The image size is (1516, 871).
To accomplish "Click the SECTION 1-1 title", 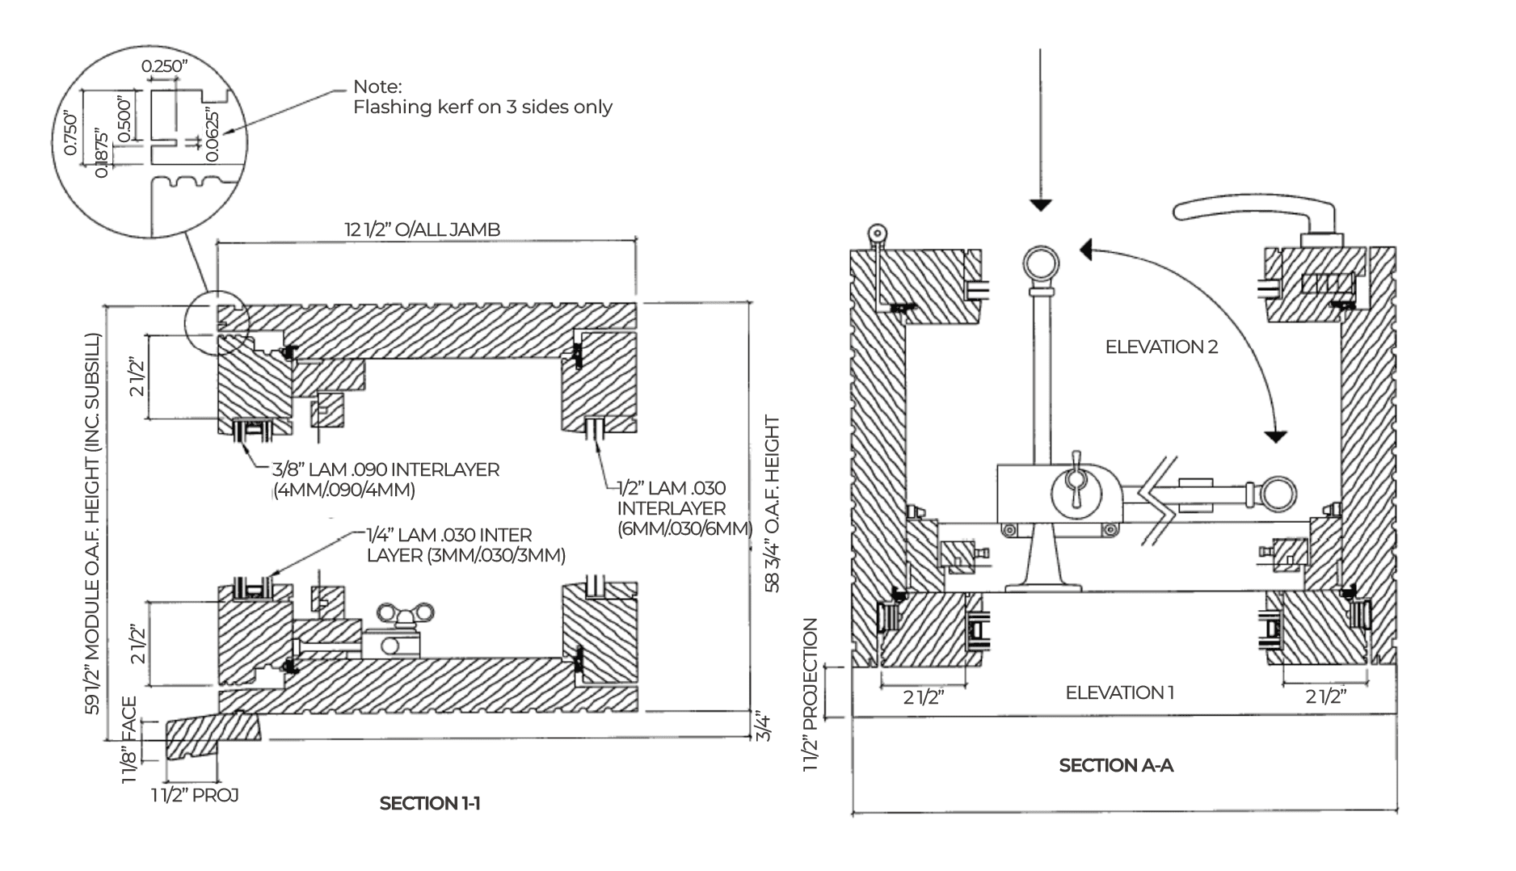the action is [x=430, y=803].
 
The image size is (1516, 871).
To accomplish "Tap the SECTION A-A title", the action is [x=1116, y=765].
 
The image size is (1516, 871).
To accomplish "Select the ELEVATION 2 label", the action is [x=1161, y=347].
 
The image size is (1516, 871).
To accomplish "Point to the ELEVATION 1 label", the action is [x=1119, y=692].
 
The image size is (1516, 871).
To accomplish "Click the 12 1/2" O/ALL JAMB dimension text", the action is [x=423, y=229].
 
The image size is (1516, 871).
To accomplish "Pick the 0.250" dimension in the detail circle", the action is [x=165, y=66].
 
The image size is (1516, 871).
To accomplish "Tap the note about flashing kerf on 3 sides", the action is [x=482, y=97].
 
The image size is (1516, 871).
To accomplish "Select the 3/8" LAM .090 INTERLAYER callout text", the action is [x=385, y=479].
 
